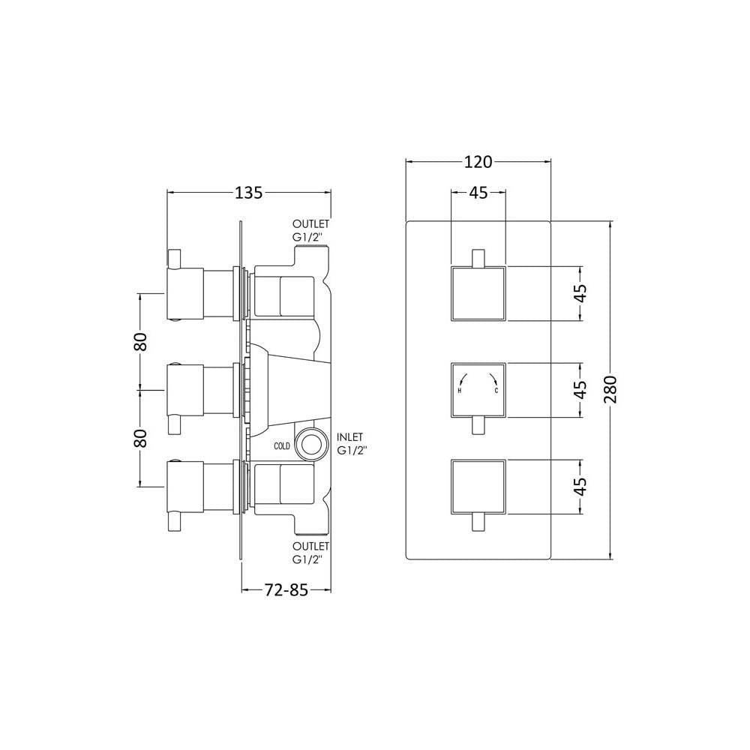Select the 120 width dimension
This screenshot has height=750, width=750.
[478, 162]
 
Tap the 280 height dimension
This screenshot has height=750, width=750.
[610, 390]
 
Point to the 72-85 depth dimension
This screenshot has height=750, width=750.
[286, 590]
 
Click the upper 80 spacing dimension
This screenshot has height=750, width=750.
[141, 341]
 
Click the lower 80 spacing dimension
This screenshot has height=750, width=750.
[141, 438]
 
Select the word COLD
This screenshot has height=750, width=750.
[282, 446]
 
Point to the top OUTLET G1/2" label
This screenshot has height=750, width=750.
[311, 230]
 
